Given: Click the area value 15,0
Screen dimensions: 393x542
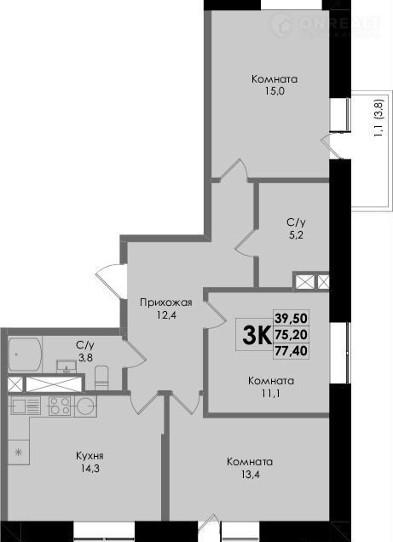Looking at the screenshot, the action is click(275, 91).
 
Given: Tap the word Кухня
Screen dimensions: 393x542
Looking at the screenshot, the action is click(90, 456).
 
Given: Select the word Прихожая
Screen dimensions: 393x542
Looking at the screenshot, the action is click(166, 303).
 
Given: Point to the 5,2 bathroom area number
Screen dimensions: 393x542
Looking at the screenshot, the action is click(296, 235).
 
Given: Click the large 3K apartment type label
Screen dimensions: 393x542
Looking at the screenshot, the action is click(257, 335).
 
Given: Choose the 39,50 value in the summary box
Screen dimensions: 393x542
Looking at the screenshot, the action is click(291, 318).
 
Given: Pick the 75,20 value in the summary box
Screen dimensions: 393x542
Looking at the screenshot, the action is click(291, 334).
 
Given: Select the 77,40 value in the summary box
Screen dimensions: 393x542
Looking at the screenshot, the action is click(291, 351).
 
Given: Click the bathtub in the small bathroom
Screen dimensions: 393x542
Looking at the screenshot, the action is click(25, 355).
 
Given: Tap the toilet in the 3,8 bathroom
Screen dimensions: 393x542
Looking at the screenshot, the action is click(101, 378).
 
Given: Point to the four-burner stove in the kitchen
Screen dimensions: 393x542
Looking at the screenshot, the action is click(60, 406).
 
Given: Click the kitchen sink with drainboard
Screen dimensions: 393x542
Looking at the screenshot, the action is click(26, 405).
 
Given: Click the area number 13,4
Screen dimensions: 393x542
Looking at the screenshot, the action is click(250, 475).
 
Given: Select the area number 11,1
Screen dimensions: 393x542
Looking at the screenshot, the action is click(271, 394).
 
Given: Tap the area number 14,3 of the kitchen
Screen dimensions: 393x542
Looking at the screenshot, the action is click(90, 469).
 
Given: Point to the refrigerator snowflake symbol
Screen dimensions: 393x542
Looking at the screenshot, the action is click(19, 452).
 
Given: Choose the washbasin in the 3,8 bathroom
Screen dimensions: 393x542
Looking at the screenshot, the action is click(66, 366).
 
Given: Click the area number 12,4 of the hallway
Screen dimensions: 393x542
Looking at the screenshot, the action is click(166, 315).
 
